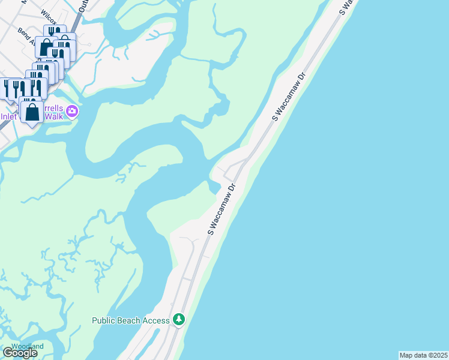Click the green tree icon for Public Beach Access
pyautogui.click(x=178, y=320)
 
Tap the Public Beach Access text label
pyautogui.click(x=131, y=320)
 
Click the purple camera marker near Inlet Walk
pyautogui.click(x=72, y=111)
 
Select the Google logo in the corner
pyautogui.click(x=20, y=353)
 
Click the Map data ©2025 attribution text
pyautogui.click(x=423, y=355)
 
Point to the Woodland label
pyautogui.click(x=28, y=346)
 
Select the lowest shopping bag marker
pyautogui.click(x=32, y=111)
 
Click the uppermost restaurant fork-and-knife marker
pyautogui.click(x=55, y=33)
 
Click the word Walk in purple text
pyautogui.click(x=54, y=115)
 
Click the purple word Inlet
pyautogui.click(x=10, y=116)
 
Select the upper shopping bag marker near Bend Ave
pyautogui.click(x=46, y=46)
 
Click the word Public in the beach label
pyautogui.click(x=104, y=320)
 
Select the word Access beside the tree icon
pyautogui.click(x=157, y=320)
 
